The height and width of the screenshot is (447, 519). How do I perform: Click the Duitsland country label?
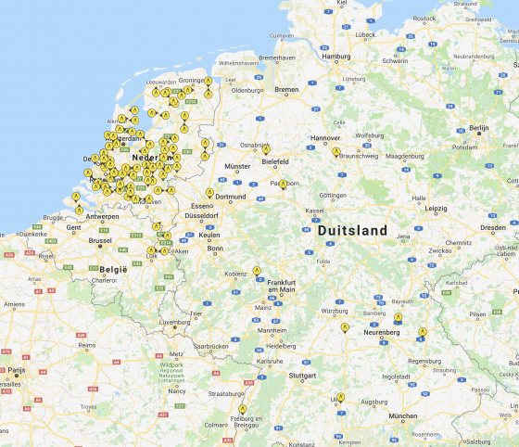pyautogui.click(x=351, y=229)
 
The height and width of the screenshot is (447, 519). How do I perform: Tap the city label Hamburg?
pyautogui.click(x=335, y=56)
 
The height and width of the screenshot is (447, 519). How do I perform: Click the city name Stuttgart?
pyautogui.click(x=302, y=376)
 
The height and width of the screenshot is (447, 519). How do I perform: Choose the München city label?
pyautogui.click(x=402, y=415)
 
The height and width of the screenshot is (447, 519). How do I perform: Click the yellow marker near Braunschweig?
pyautogui.click(x=336, y=151)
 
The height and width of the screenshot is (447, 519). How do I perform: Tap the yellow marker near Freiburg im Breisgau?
pyautogui.click(x=243, y=408)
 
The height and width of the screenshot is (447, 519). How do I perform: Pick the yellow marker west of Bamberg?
pyautogui.click(x=344, y=327)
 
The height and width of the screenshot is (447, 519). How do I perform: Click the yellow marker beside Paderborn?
pyautogui.click(x=283, y=184)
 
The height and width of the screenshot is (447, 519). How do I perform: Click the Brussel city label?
pyautogui.click(x=100, y=239)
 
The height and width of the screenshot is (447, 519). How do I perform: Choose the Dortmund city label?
pyautogui.click(x=230, y=197)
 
